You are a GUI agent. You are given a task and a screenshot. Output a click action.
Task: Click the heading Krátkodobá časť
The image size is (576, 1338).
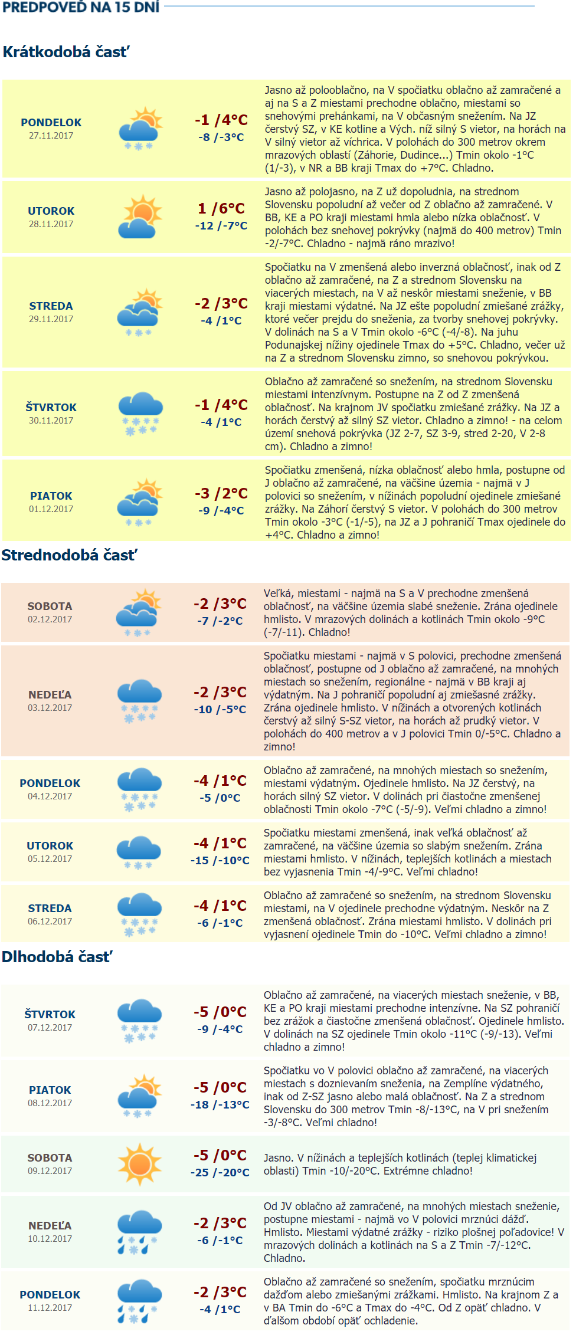(x=66, y=52)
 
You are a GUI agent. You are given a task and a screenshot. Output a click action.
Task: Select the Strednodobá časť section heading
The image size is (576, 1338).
(x=69, y=555)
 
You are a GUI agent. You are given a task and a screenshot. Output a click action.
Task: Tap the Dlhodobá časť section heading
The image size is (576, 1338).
(x=57, y=957)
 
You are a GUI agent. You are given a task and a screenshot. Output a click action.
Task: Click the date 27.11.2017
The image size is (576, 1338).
(x=51, y=136)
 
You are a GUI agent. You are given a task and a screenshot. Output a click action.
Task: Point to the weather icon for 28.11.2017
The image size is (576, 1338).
(x=140, y=217)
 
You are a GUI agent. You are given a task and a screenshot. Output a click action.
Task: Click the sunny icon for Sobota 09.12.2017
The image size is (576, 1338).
(x=139, y=1164)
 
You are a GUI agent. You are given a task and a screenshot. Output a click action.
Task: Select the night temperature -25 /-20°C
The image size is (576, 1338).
(x=220, y=1172)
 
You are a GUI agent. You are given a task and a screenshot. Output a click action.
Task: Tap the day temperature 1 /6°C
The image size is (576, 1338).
(x=221, y=208)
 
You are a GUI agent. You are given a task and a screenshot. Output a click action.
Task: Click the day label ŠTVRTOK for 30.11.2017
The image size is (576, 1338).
(x=51, y=408)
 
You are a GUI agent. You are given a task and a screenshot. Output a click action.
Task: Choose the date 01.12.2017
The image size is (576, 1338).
(x=51, y=509)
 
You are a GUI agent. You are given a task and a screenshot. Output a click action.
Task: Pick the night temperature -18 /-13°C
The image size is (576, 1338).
(x=220, y=1104)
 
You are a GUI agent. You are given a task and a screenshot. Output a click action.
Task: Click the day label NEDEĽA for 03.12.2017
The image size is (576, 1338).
(x=50, y=695)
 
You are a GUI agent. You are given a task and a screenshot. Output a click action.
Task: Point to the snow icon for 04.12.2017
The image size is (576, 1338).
(x=139, y=789)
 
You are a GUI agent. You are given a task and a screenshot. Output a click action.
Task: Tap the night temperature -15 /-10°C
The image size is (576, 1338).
(x=220, y=860)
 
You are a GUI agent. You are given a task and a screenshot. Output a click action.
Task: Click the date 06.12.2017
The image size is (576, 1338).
(x=50, y=921)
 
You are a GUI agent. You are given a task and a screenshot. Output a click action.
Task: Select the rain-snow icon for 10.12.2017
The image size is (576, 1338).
(x=139, y=1231)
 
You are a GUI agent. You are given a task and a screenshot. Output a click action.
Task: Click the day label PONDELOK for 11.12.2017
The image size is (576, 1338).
(x=50, y=1295)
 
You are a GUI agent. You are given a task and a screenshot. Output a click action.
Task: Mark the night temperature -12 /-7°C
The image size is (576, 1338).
(x=221, y=225)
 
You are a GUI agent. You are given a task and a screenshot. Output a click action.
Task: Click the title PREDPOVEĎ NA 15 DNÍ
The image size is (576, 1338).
(x=81, y=8)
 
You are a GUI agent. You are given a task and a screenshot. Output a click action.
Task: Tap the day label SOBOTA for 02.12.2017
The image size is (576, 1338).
(x=50, y=606)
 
